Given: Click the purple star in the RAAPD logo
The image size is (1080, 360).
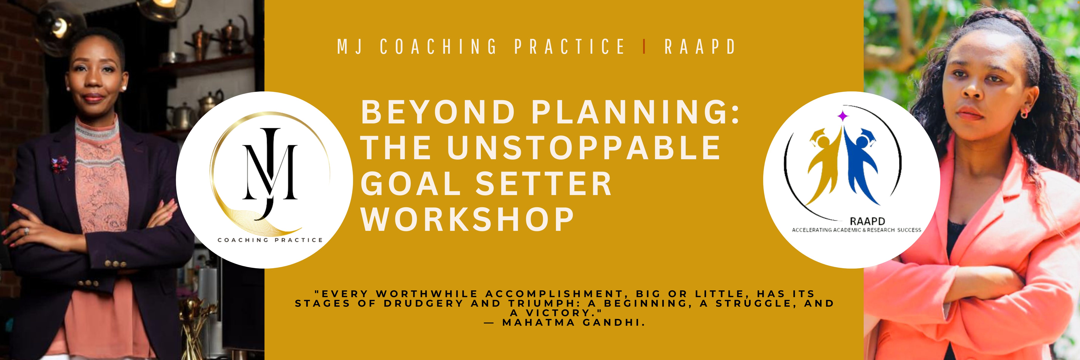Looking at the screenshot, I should point(842,115).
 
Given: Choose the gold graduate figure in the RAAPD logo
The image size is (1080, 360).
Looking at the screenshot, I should point(824,166).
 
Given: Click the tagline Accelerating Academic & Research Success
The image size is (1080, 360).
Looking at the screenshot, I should point(856,230).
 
